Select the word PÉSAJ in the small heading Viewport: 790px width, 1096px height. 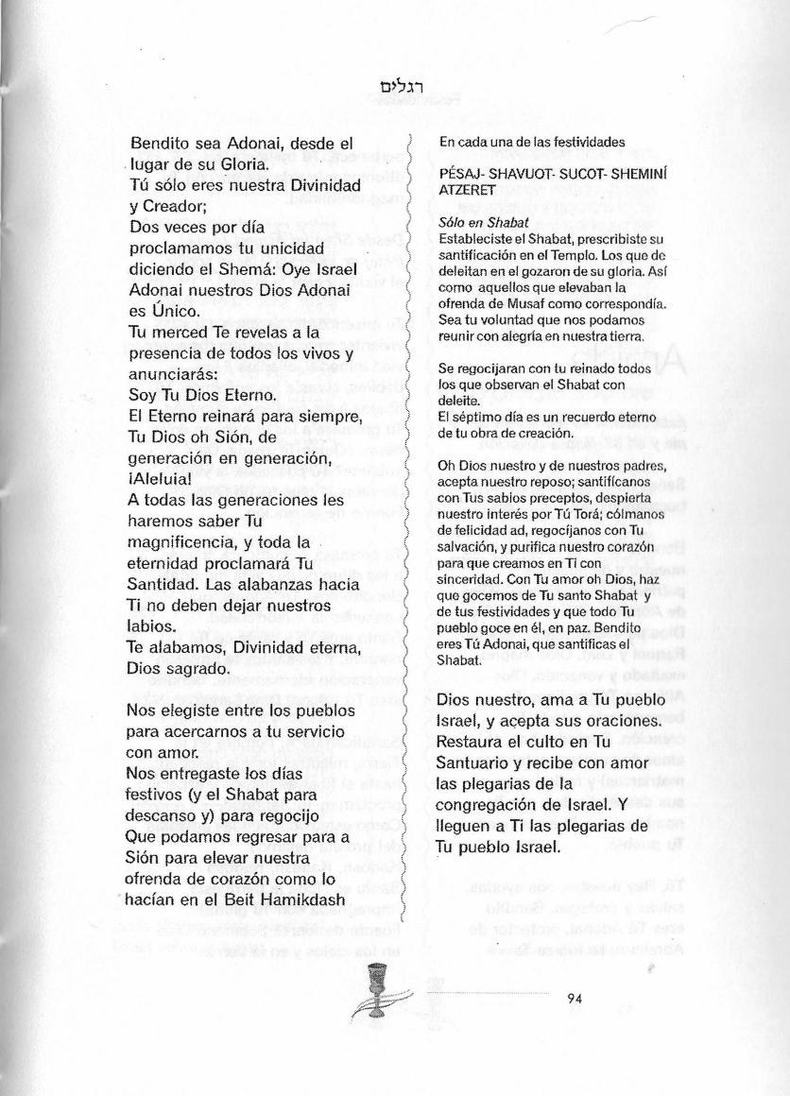[x=458, y=176]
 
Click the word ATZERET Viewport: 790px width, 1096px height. [x=465, y=189]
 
